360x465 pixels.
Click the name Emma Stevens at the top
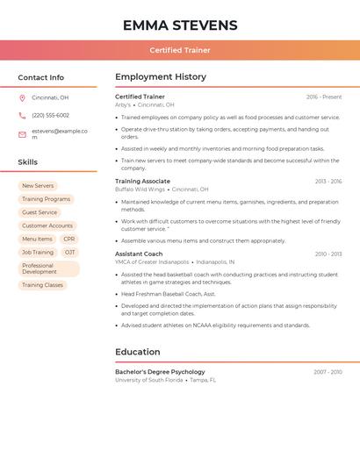point(180,25)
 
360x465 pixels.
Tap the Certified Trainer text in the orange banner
point(180,50)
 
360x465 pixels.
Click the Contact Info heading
point(41,77)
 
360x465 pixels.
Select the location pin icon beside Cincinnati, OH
point(22,97)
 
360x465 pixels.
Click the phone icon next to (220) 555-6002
point(22,115)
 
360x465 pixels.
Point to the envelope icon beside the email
point(22,134)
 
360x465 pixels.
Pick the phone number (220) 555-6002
point(50,115)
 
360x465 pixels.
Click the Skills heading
point(28,162)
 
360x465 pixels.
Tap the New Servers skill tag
point(38,186)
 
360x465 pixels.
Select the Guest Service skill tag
point(40,212)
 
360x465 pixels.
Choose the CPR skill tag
point(69,239)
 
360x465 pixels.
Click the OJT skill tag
point(69,252)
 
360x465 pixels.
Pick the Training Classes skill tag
point(42,285)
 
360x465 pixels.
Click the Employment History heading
point(161,77)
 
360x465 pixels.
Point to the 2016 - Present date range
point(324,97)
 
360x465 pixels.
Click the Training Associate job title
point(143,181)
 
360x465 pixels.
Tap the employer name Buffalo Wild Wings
point(140,190)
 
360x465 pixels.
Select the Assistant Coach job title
point(139,254)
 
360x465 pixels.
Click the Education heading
point(138,352)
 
